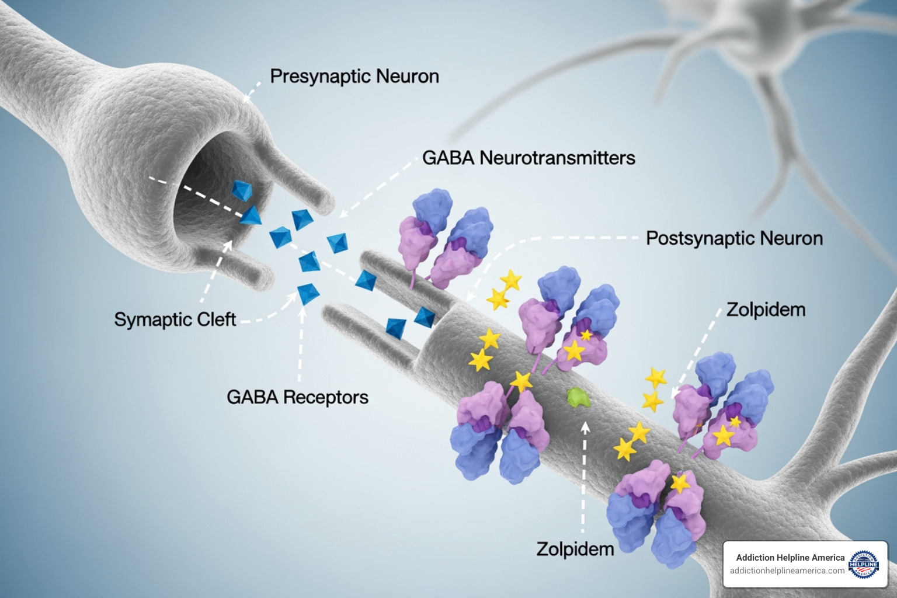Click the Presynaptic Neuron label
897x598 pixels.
[x=354, y=77]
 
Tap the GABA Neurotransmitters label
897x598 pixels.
[x=528, y=158]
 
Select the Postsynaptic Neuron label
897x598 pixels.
[x=734, y=238]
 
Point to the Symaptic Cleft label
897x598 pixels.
[x=175, y=319]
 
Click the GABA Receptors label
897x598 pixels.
[x=297, y=397]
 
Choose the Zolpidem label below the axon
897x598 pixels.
[x=575, y=549]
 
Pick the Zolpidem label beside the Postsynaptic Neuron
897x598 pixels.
[x=766, y=310]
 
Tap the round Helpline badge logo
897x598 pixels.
[x=864, y=564]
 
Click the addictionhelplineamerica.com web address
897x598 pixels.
[x=787, y=571]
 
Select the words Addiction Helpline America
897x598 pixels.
[x=790, y=558]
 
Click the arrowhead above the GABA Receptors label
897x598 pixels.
[x=302, y=311]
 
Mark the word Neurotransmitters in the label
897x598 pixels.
[x=557, y=158]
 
